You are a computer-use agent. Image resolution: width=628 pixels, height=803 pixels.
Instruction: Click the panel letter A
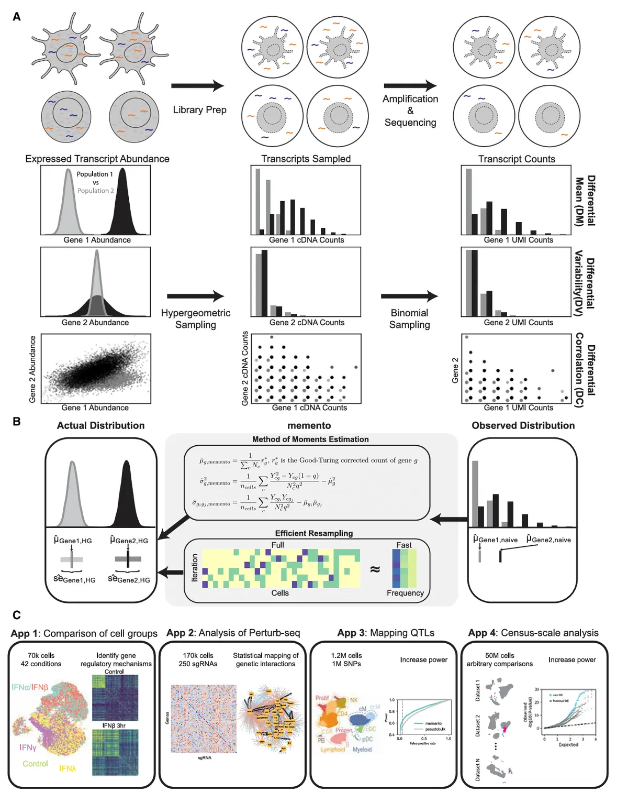pos(17,17)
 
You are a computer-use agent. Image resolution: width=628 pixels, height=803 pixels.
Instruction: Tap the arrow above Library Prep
pos(197,86)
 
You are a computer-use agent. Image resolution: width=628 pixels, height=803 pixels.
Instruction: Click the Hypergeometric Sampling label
pos(196,318)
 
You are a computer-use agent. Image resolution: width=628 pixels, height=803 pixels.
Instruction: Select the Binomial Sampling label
pos(409,318)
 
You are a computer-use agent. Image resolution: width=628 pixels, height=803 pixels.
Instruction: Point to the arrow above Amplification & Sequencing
pos(410,86)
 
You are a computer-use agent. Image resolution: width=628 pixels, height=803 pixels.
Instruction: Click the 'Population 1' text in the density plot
pos(95,174)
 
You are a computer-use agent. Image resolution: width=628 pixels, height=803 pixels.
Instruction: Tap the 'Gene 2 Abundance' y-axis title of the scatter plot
pos(32,369)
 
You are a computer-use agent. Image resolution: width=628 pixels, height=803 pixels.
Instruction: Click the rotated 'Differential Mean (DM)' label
pos(585,201)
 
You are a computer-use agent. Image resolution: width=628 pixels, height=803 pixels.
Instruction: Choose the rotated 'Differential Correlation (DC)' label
pos(585,369)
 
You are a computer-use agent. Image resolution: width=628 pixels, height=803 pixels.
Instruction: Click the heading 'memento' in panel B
pos(309,425)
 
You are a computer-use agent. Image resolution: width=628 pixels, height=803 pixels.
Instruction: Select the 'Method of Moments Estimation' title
pos(310,439)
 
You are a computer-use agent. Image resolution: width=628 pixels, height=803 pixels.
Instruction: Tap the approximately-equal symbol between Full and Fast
pos(375,569)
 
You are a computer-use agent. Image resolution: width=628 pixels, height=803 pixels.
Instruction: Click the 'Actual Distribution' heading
pos(100,425)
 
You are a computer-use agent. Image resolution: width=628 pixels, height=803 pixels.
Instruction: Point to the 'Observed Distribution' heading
pos(523,425)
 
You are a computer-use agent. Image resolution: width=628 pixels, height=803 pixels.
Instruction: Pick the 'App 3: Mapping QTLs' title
pos(386,633)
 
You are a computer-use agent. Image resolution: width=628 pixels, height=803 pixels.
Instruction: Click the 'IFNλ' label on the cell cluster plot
pos(68,768)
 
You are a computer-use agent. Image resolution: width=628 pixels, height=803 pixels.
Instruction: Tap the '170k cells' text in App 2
pos(198,655)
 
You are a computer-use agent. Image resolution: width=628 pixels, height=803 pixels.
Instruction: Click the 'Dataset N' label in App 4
pos(477,770)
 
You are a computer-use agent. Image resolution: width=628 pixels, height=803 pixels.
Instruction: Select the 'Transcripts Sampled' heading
pos(306,159)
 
